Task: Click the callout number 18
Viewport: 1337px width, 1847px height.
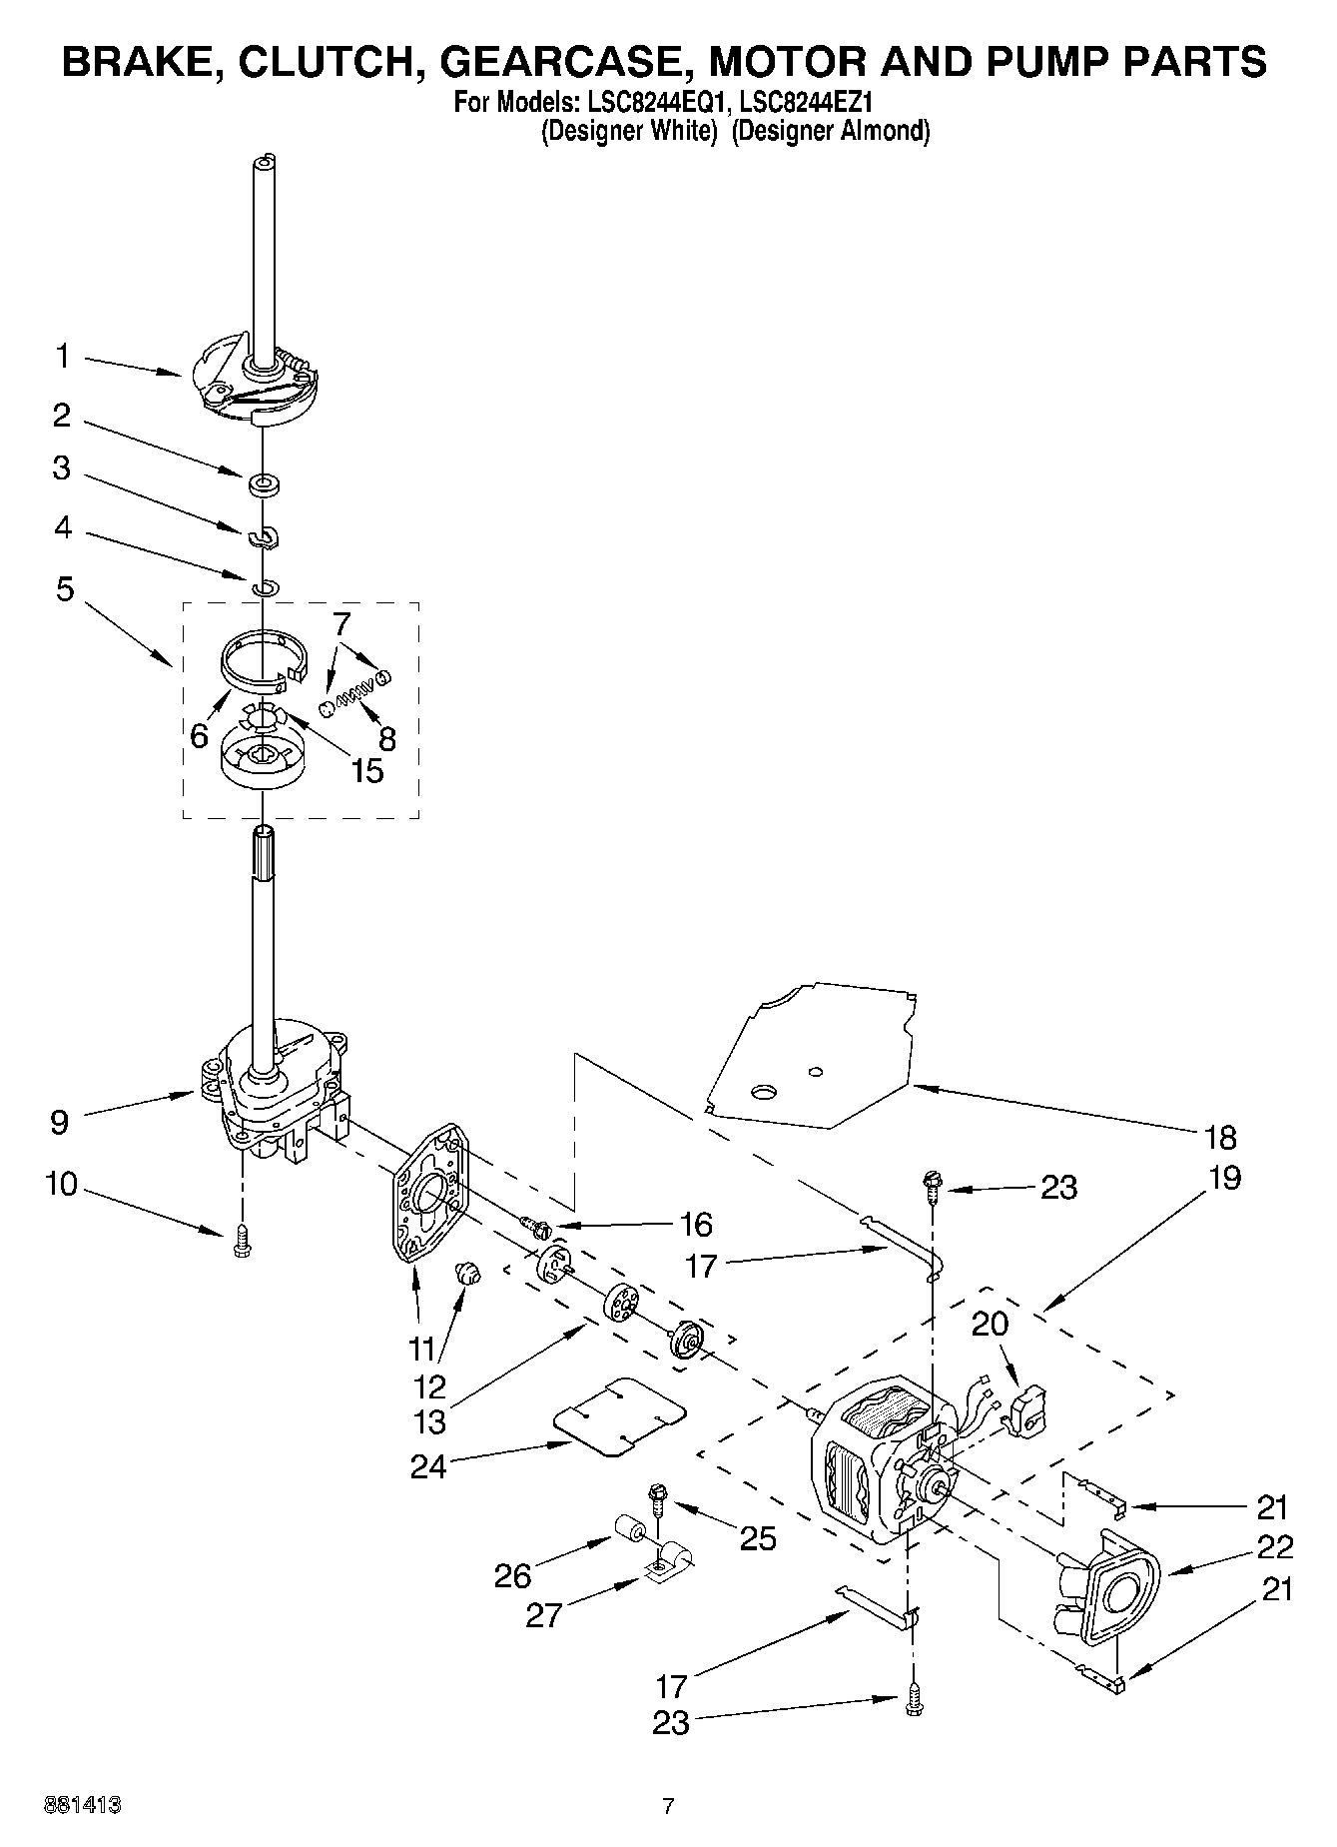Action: [x=1220, y=1137]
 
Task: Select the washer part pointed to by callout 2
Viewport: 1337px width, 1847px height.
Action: [x=265, y=486]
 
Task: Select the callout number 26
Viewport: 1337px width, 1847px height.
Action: [x=513, y=1575]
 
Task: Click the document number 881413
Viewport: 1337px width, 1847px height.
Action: [x=83, y=1806]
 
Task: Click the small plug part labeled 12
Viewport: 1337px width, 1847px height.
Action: [x=467, y=1274]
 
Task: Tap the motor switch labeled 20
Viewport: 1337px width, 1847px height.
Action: [x=1026, y=1410]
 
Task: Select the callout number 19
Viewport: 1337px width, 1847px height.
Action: [x=1222, y=1178]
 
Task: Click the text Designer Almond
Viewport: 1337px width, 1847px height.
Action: [x=830, y=131]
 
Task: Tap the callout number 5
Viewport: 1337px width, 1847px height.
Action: [x=64, y=589]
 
